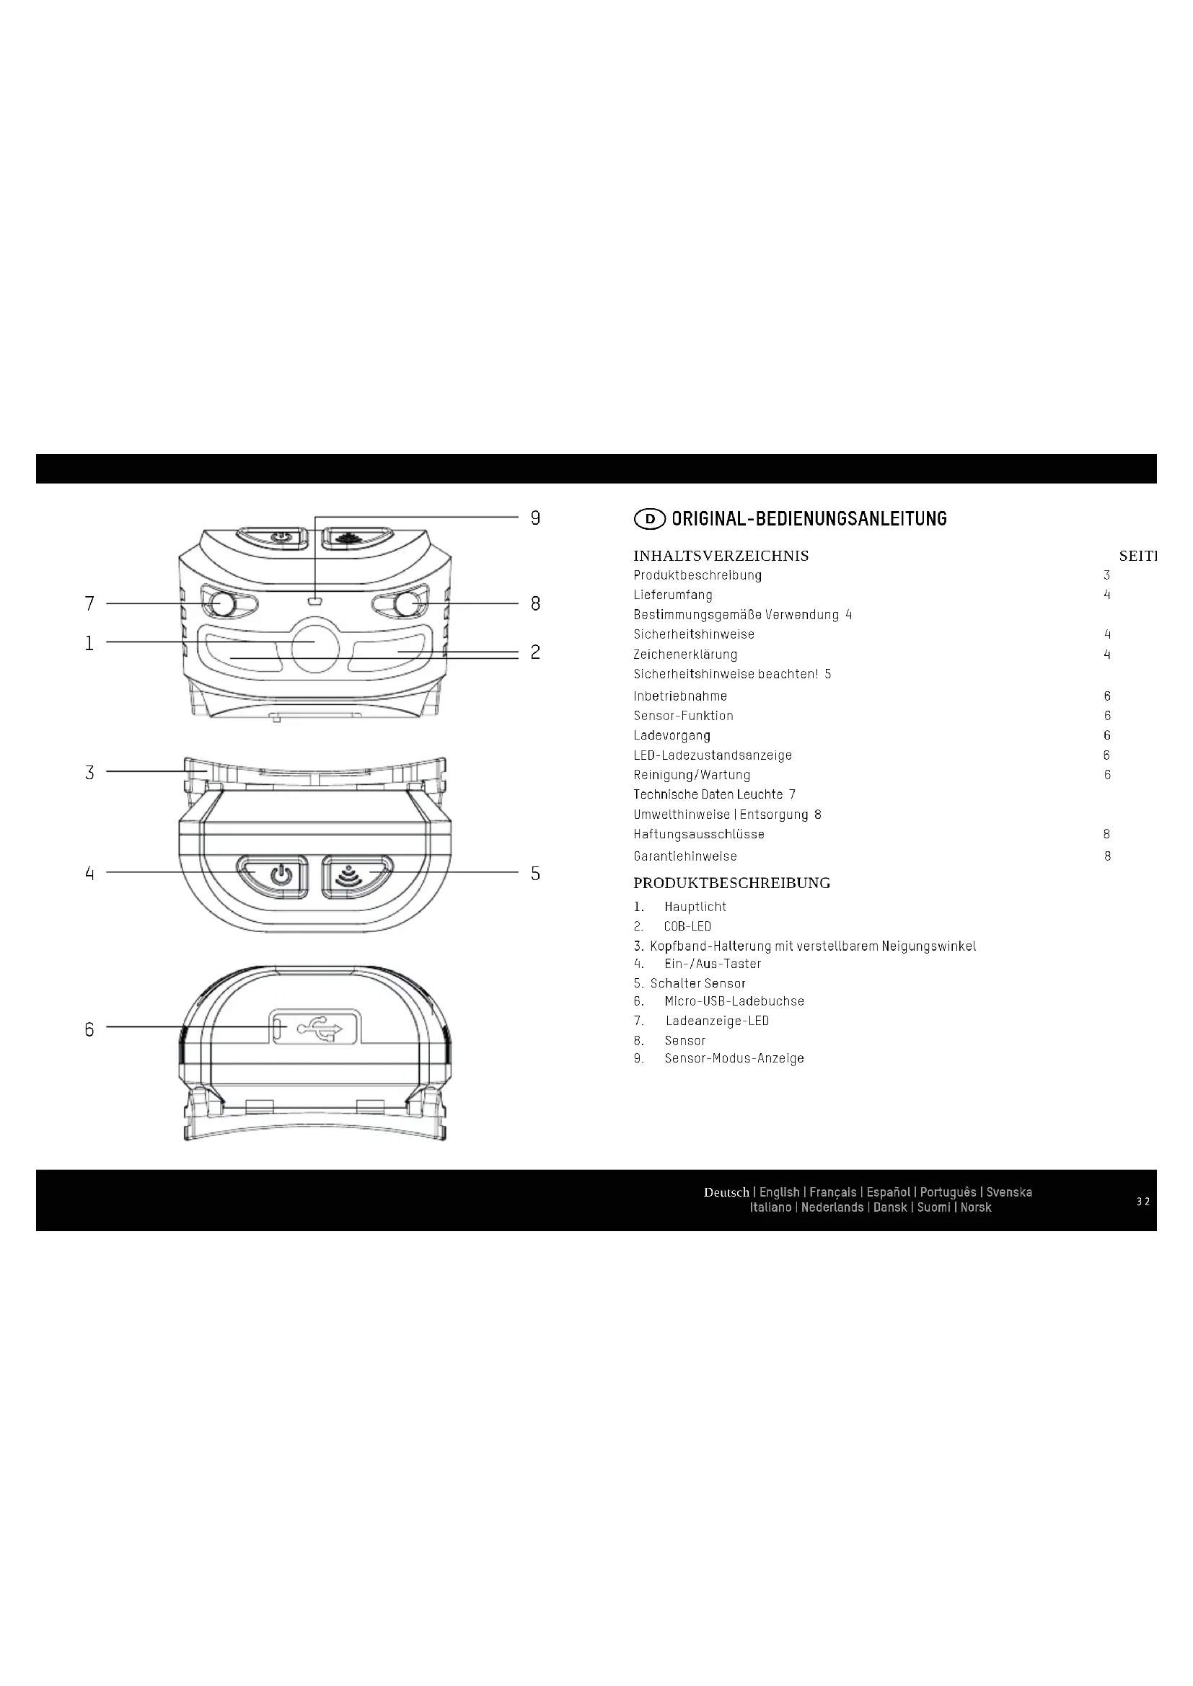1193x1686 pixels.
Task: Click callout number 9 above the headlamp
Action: pos(535,518)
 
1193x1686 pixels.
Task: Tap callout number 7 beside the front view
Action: pos(89,603)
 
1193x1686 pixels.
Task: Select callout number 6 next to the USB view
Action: pos(89,1029)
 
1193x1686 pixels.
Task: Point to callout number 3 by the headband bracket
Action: pos(89,773)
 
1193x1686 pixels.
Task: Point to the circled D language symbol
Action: pos(649,519)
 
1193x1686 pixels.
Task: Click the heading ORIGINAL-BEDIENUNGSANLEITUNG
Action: pos(809,519)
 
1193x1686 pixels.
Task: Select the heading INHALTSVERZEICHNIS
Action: pos(721,556)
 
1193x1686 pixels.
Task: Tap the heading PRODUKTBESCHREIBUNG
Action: pos(731,884)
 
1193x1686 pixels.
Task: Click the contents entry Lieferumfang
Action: pos(673,595)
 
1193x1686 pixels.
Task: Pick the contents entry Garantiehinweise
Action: pos(685,856)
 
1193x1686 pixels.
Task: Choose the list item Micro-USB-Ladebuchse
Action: pos(734,1002)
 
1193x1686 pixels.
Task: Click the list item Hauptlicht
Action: pos(695,907)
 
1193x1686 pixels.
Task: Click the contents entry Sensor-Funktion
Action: pos(683,716)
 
